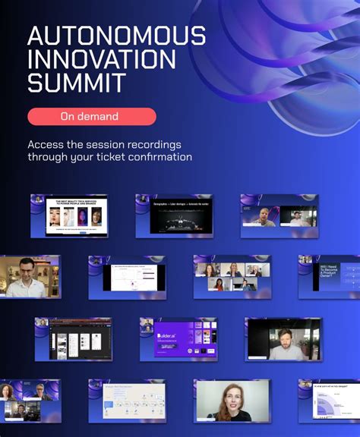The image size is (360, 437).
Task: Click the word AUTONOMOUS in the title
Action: tap(116, 36)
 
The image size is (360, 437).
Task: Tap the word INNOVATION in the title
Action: tap(101, 59)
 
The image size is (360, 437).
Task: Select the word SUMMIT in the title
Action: tap(76, 83)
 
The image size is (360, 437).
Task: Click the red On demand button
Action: tap(91, 116)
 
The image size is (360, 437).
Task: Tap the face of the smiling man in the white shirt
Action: tap(26, 272)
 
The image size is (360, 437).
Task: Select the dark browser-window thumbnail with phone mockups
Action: tap(74, 339)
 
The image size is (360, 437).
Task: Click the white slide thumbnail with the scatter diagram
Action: tap(128, 277)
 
